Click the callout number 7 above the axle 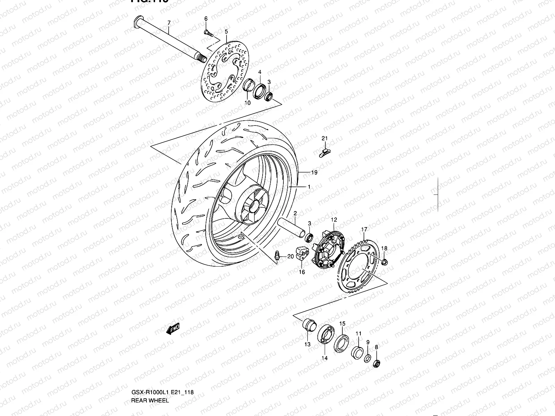click(x=169, y=23)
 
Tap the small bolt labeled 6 click(x=208, y=33)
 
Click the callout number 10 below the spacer click(x=247, y=103)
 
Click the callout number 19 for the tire click(x=314, y=172)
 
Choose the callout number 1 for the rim click(x=309, y=187)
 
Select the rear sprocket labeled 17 click(x=357, y=267)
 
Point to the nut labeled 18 click(x=384, y=261)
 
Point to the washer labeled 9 click(x=367, y=358)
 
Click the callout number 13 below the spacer click(x=307, y=344)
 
